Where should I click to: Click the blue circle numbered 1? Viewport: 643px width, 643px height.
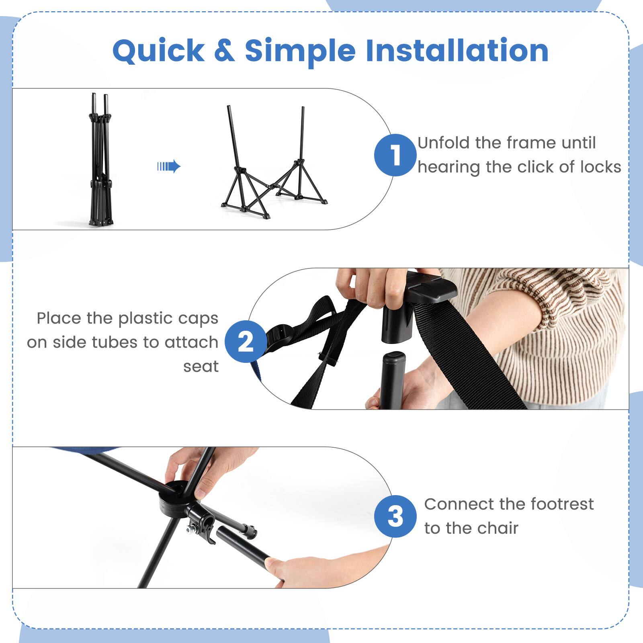pos(395,155)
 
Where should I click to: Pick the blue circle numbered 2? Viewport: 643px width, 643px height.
pos(246,342)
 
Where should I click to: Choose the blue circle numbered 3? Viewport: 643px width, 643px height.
pos(395,516)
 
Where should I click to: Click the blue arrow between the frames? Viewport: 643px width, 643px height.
pos(169,166)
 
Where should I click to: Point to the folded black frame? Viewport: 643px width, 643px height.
pos(100,161)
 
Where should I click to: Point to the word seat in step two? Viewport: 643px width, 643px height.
pos(201,367)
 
